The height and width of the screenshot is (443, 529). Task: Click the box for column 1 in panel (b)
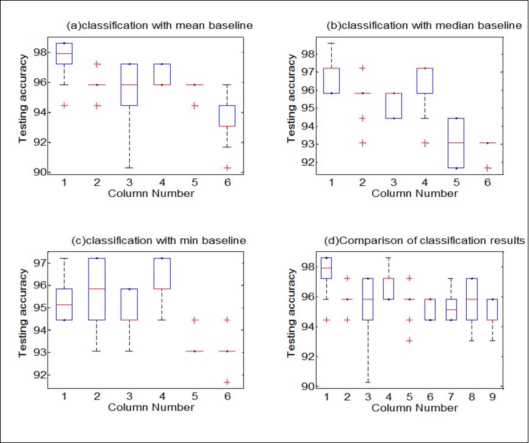click(x=331, y=81)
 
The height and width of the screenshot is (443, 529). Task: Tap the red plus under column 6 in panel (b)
click(x=487, y=167)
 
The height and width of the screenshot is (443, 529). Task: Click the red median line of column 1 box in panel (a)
click(x=64, y=54)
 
